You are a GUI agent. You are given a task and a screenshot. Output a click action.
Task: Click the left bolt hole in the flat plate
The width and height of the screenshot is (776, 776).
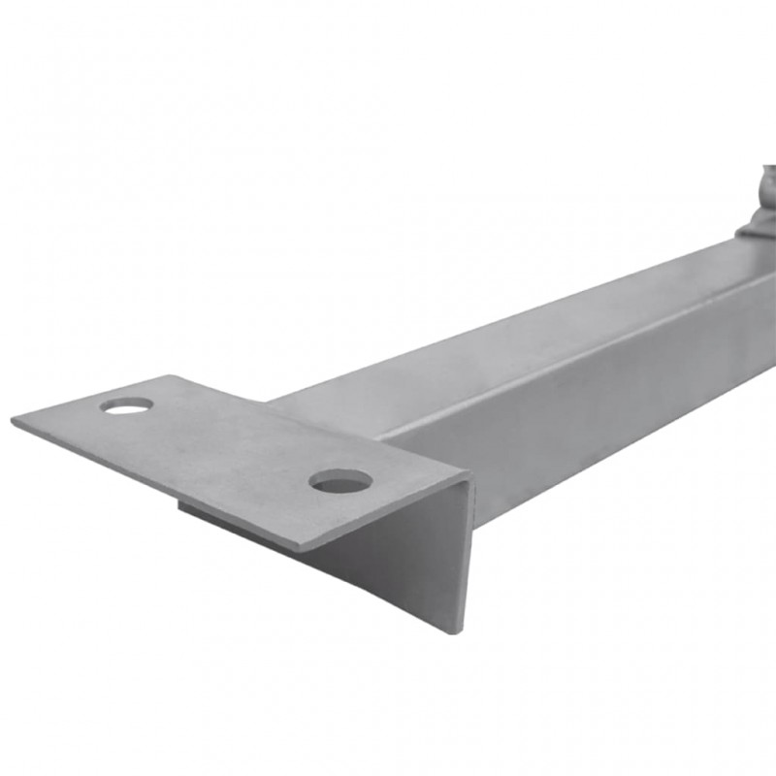click(x=127, y=404)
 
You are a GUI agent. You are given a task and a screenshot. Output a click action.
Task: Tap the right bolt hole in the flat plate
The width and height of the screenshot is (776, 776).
click(x=340, y=480)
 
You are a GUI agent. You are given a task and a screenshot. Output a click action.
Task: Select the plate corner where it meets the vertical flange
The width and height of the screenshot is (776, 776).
click(x=469, y=477)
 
